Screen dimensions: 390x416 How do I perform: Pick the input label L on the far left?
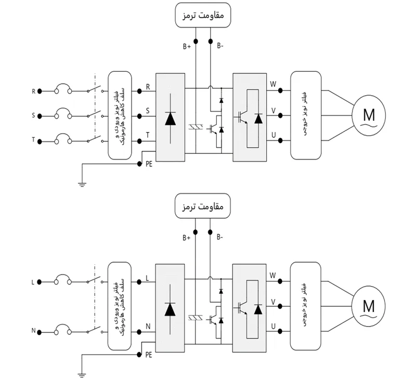[x=34, y=282]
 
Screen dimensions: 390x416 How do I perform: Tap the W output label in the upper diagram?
[x=273, y=83]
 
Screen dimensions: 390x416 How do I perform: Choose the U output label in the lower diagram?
[x=273, y=326]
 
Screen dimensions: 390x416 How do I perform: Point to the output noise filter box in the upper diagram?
[x=306, y=115]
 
